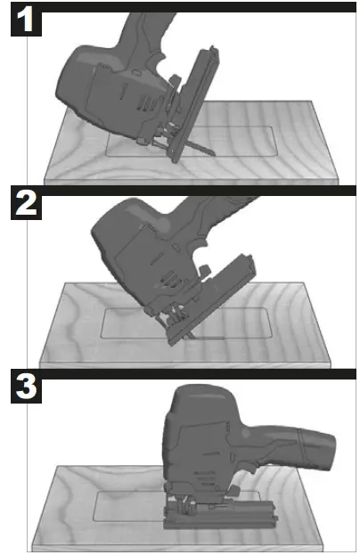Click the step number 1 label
click(x=27, y=20)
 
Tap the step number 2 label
click(x=26, y=204)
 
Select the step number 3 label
click(x=27, y=388)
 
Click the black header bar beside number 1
click(x=196, y=6)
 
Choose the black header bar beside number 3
click(x=196, y=374)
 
